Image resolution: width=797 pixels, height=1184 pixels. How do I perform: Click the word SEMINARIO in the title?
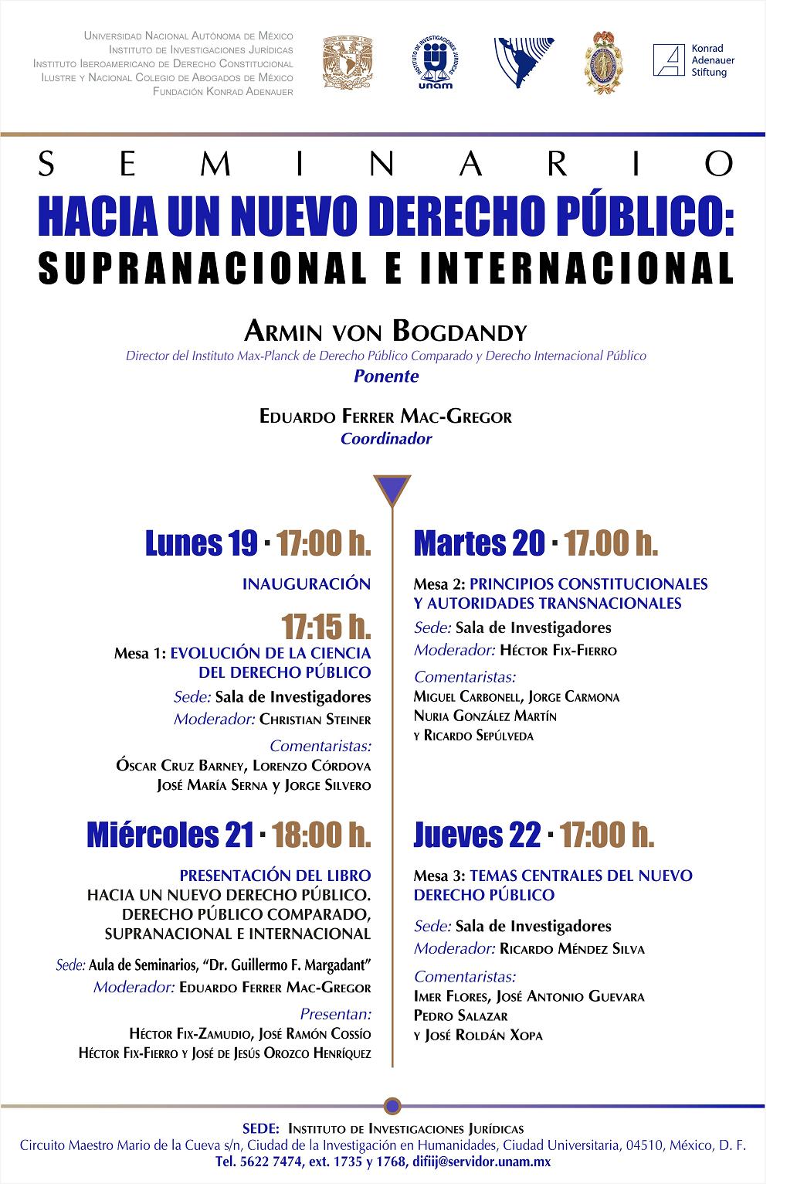385,163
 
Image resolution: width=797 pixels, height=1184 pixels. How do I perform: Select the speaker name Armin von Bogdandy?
385,332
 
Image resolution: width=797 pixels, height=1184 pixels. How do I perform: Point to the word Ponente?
386,376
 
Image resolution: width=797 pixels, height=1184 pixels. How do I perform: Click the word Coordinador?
386,439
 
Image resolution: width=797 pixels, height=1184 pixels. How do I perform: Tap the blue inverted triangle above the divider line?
392,490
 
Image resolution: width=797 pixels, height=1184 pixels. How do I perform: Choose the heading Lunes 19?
201,544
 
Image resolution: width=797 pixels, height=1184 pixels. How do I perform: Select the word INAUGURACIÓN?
307,583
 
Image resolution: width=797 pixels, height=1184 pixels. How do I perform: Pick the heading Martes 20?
480,544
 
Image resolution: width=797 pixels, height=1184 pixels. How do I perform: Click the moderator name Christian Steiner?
315,720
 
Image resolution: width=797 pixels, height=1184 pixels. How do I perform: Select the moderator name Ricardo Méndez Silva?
571,949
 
